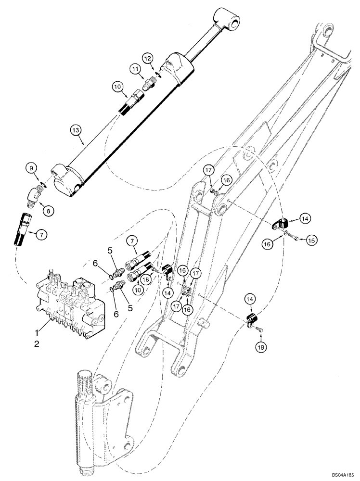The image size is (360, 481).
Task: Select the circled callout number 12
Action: (x=148, y=58)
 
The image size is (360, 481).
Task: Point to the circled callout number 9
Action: (x=32, y=168)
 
